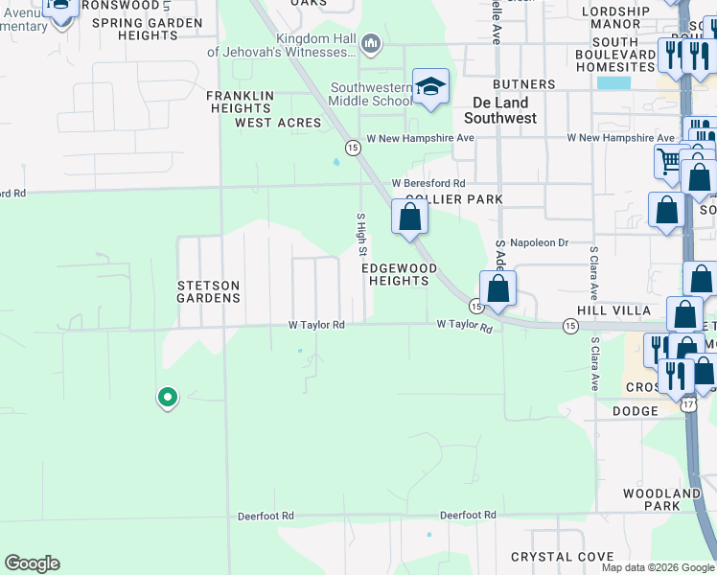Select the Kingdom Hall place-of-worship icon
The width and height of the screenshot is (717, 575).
coord(373,43)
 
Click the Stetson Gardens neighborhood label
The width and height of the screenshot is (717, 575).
coord(208,291)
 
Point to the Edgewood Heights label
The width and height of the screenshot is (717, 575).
coord(399,274)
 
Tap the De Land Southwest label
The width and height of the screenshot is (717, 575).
coord(500,110)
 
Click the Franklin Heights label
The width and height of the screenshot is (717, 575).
coord(241,102)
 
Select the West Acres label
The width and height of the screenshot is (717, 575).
coord(278,123)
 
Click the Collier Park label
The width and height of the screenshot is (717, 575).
coord(453,199)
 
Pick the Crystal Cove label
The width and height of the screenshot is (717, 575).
coord(563,557)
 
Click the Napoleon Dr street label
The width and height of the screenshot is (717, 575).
coord(539,243)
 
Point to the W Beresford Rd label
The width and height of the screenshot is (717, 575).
coord(428,183)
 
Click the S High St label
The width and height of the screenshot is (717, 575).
coord(361,234)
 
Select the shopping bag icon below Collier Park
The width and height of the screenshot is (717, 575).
coord(409,218)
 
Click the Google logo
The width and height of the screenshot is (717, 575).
coord(32,563)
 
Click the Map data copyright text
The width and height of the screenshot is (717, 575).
coord(658,567)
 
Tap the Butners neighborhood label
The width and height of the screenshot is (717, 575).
coord(525,84)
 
